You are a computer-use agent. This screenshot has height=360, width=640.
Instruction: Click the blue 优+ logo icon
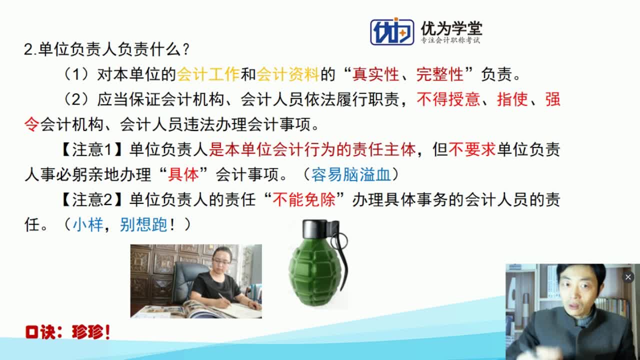point(391,31)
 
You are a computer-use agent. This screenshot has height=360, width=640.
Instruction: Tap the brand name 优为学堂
point(451,28)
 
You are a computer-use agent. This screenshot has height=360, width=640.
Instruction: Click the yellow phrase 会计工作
point(208,75)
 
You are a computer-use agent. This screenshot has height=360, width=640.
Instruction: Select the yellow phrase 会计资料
point(288,75)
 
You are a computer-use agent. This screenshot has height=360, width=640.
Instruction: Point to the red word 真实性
point(375,75)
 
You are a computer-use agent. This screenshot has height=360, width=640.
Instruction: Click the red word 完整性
point(439,75)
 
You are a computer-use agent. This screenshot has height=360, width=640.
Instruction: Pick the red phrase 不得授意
point(448,99)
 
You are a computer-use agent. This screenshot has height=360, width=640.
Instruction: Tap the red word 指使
point(512,99)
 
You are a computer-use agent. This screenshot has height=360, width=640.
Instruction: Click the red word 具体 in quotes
point(183,174)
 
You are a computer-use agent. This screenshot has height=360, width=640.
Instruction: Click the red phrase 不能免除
point(310,200)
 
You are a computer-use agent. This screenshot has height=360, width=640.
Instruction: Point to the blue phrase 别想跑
point(143,224)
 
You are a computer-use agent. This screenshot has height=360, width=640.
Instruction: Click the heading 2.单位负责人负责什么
point(106,49)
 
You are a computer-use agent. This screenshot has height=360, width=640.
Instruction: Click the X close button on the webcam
point(628,276)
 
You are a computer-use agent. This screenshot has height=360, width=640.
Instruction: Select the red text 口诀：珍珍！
point(67,332)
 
